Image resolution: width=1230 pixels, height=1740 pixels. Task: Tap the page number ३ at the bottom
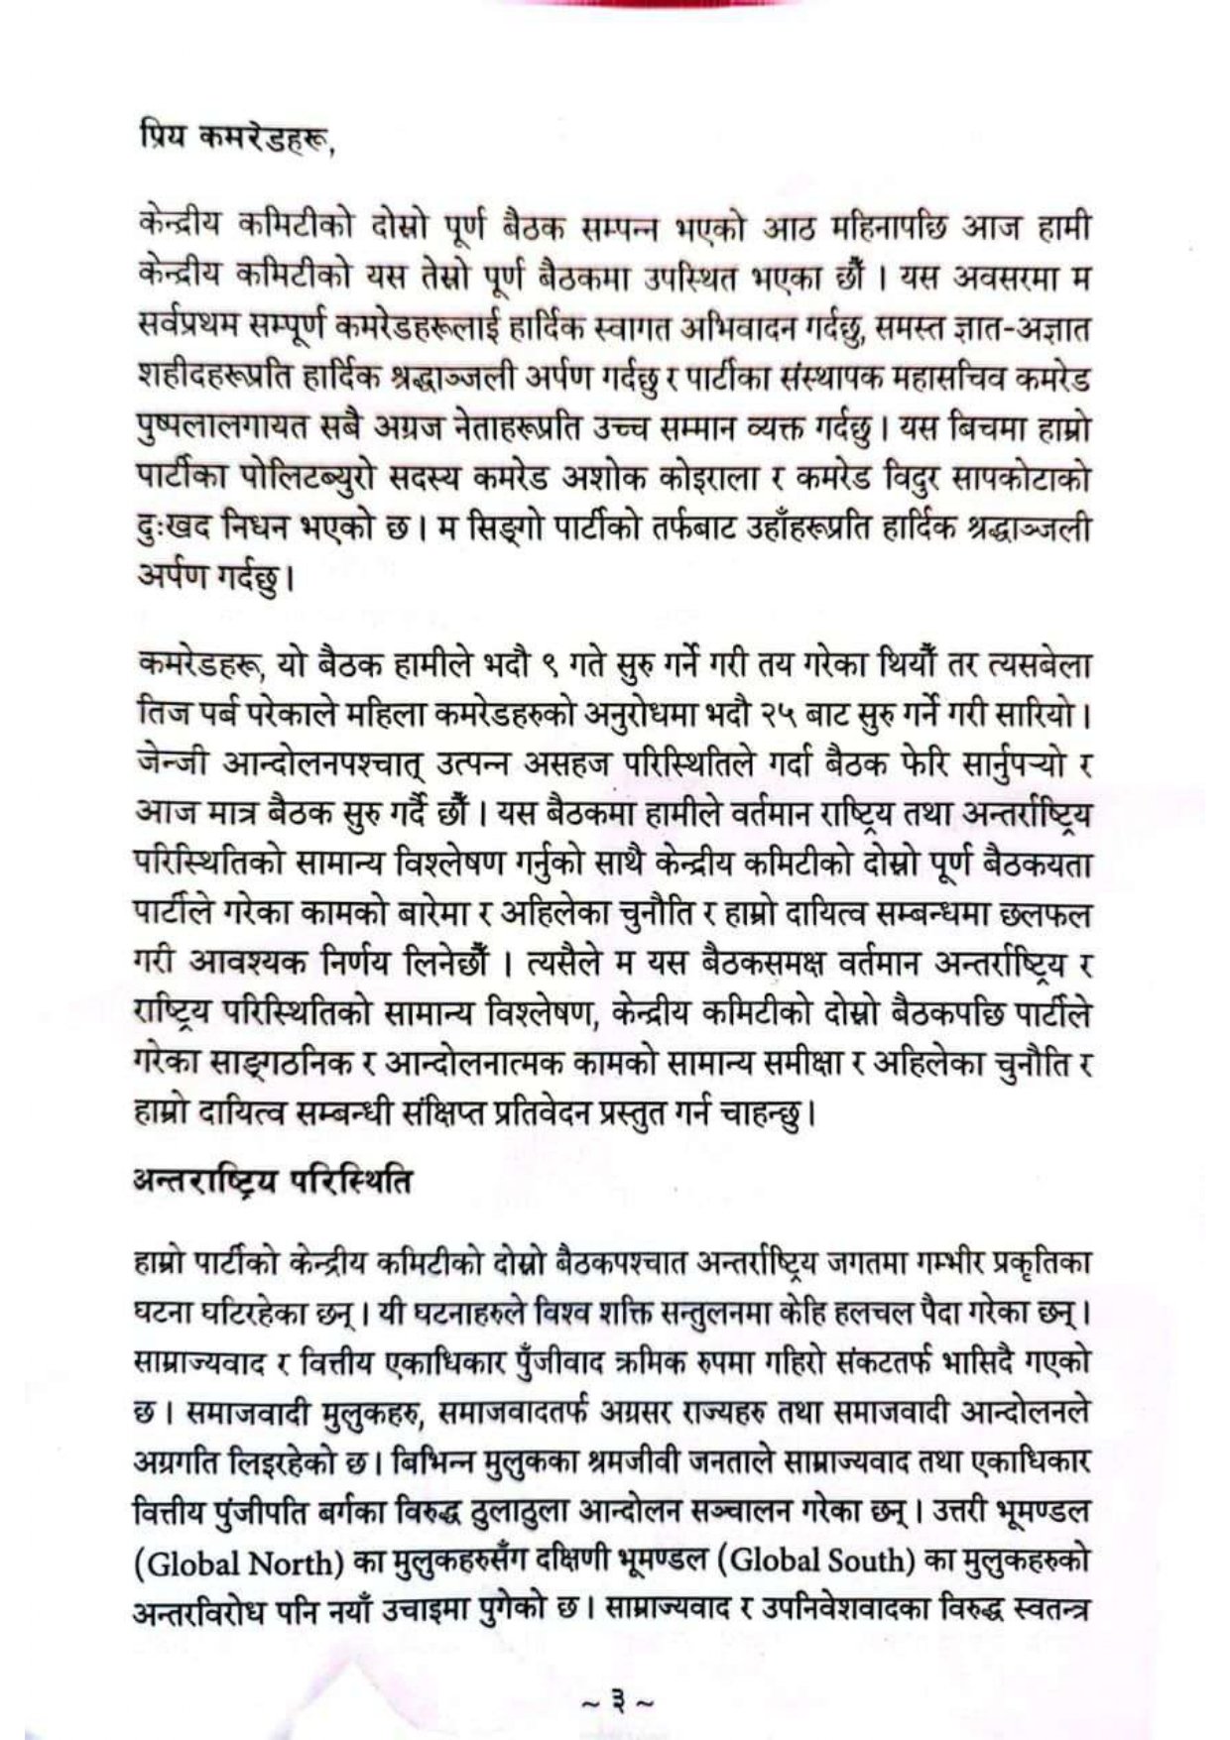[616, 1703]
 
